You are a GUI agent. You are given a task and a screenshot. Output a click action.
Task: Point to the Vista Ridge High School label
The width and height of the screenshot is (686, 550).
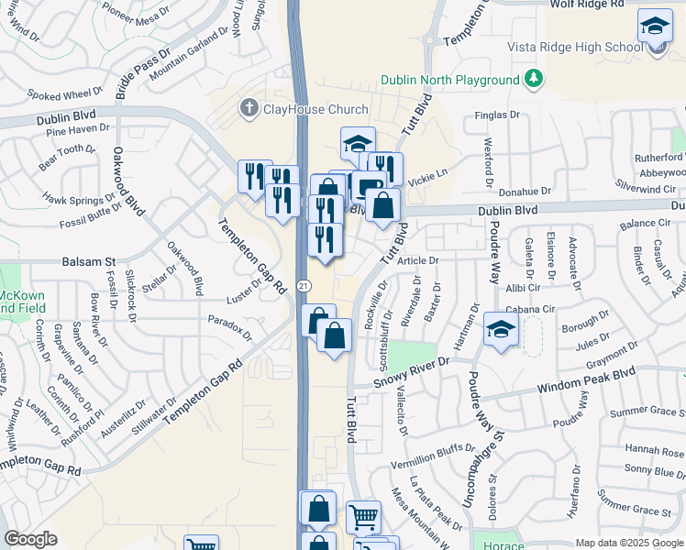coord(575,47)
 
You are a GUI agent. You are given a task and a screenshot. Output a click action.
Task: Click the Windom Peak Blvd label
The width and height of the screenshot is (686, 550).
coord(589,378)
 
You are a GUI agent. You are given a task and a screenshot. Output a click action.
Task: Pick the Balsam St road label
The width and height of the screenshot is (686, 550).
coord(89,262)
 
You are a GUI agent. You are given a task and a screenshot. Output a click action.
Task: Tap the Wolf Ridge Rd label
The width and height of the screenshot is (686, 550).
coord(587,5)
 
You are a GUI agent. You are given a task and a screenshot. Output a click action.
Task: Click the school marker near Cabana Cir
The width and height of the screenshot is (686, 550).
coord(501,332)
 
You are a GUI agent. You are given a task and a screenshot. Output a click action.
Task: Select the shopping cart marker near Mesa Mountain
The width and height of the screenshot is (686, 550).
coord(363,519)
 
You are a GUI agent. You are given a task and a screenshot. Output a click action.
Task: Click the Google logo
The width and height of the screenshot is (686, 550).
coord(30,539)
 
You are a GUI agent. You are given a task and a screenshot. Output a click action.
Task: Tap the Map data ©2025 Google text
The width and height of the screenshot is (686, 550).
coord(628,543)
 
